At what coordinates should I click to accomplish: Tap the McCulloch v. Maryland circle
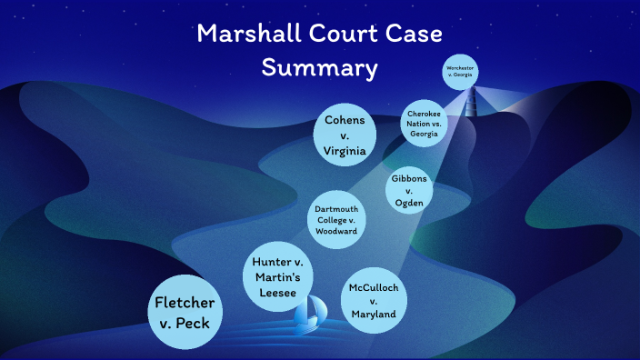point(374,300)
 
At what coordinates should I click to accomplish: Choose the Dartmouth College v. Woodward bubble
point(335,220)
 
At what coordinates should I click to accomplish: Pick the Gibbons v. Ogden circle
point(409,191)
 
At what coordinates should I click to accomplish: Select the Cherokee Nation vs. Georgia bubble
point(425,124)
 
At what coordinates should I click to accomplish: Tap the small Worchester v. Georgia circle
point(462,72)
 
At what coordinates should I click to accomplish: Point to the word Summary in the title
point(319,67)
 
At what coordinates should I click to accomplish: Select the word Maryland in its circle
point(374,314)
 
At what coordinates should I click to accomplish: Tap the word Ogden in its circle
point(409,203)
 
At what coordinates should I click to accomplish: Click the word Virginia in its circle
point(345,152)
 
